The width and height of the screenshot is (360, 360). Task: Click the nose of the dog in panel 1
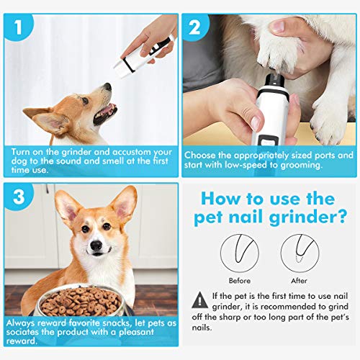point(107,87)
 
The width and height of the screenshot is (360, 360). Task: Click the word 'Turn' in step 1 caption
point(22,153)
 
